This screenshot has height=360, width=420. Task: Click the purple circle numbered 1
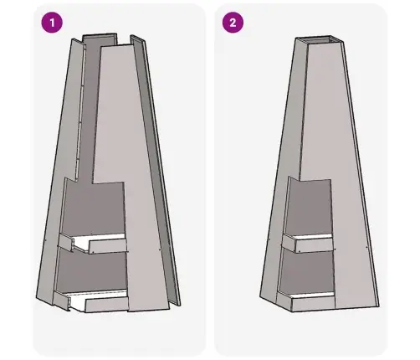click(52, 23)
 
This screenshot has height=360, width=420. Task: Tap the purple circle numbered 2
click(233, 23)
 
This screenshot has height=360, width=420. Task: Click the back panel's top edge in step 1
click(100, 35)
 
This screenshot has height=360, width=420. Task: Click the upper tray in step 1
click(92, 243)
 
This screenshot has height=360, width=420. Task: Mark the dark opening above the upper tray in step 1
click(94, 207)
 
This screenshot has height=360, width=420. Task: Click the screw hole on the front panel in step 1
click(160, 249)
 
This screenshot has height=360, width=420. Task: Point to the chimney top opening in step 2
click(320, 39)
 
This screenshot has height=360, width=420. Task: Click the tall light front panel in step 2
click(341, 173)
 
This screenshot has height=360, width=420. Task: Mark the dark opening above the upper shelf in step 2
click(309, 207)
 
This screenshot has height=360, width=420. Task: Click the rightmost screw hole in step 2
click(366, 247)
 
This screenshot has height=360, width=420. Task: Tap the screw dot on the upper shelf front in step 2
click(300, 251)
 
